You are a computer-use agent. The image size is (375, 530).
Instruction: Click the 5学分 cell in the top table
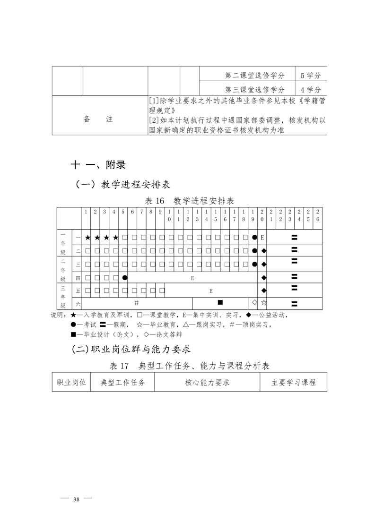coord(310,75)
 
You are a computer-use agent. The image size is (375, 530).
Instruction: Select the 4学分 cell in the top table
coord(310,89)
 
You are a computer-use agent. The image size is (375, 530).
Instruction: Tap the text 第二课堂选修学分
coord(255,75)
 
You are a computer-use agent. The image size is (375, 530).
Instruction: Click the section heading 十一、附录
coord(98,165)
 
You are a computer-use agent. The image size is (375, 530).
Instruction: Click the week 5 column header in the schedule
coord(123,212)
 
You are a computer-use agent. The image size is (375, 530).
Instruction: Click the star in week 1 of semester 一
coord(87,237)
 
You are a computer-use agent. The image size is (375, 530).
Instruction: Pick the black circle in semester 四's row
coord(125,278)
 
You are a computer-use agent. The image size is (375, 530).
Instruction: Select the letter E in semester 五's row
coord(211,291)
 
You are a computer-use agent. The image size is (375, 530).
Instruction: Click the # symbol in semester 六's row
coord(137,302)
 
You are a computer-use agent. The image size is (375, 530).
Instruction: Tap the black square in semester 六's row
coord(220,302)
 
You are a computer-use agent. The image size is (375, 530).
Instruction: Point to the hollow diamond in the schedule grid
coord(254,302)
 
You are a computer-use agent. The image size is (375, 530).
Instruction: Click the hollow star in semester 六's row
coord(264,302)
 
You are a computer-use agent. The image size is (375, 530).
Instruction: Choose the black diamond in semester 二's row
coord(264,250)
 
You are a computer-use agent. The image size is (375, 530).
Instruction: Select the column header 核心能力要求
coord(207,383)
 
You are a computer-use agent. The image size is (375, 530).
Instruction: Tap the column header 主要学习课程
coord(293,383)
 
